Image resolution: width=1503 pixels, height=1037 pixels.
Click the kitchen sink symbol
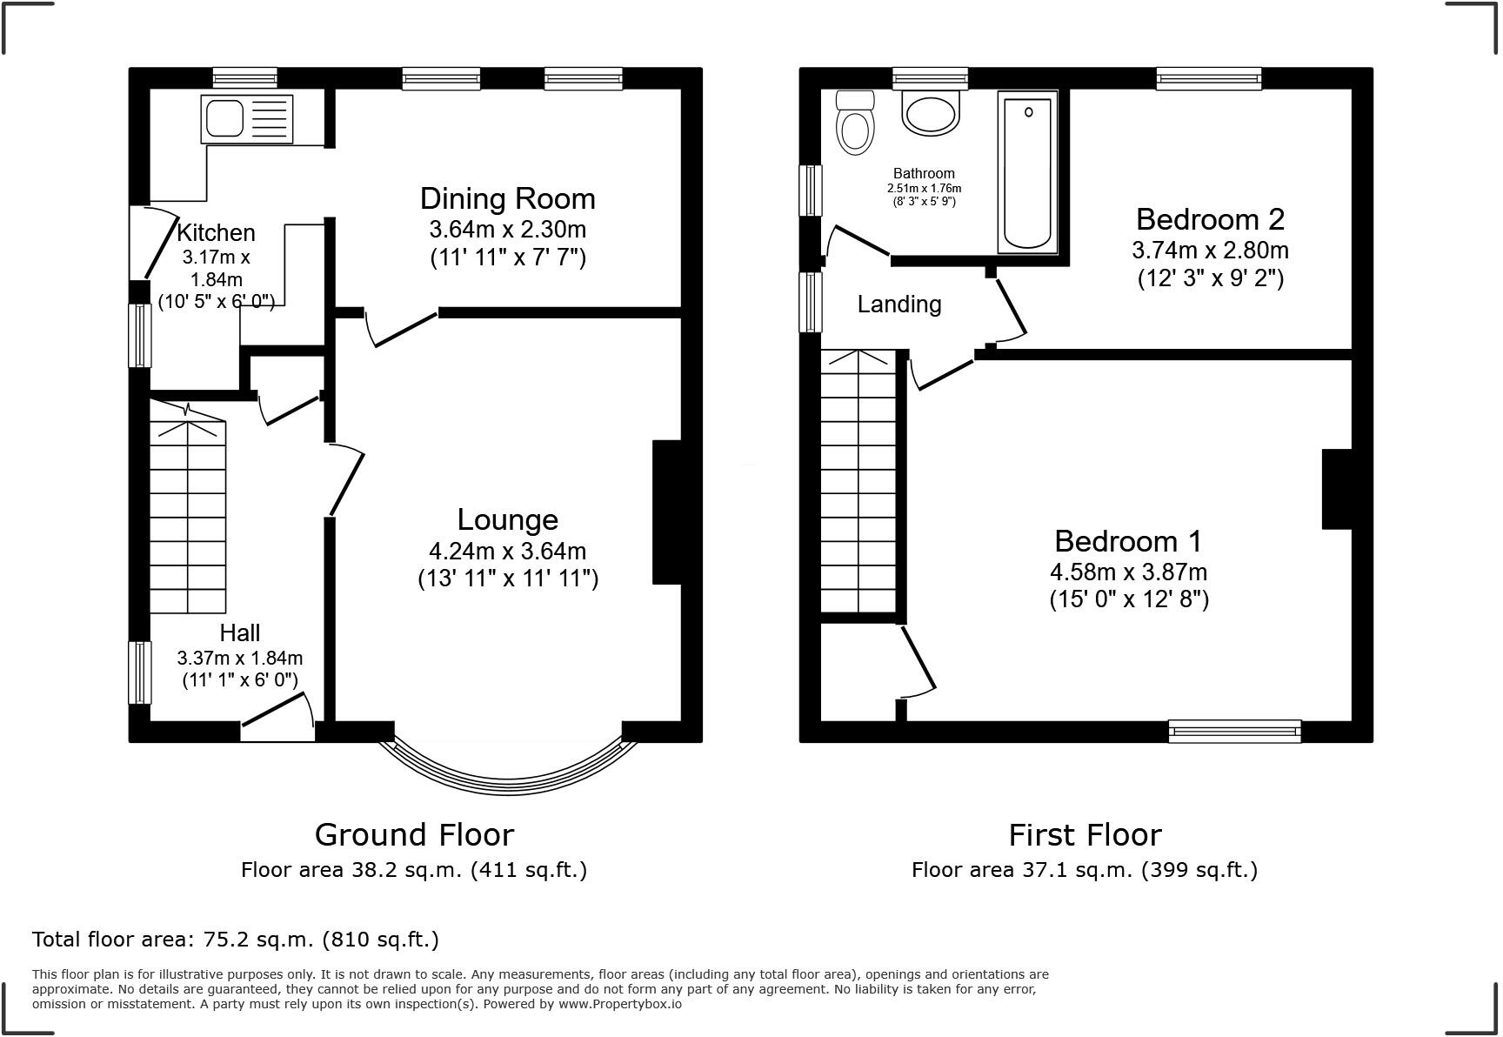[x=247, y=119]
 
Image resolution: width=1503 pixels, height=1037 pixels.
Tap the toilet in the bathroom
[x=854, y=124]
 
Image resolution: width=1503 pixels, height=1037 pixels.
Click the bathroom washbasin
[x=930, y=114]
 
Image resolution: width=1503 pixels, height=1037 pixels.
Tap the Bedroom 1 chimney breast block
[x=1337, y=489]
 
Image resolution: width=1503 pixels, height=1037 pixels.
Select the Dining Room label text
[x=508, y=198]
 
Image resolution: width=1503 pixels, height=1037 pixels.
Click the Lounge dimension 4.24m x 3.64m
[x=508, y=551]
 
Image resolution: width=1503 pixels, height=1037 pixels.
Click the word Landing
[x=899, y=304]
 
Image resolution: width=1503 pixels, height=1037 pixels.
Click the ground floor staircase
[x=188, y=517]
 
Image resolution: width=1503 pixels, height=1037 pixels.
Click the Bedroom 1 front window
[x=1234, y=731]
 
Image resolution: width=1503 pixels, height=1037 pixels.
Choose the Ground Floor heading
[x=414, y=834]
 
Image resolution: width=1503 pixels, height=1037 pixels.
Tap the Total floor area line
[x=236, y=940]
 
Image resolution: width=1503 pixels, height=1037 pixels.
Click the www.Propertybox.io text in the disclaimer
[x=619, y=1004]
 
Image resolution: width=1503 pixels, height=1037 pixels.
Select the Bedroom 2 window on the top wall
[x=1208, y=79]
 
